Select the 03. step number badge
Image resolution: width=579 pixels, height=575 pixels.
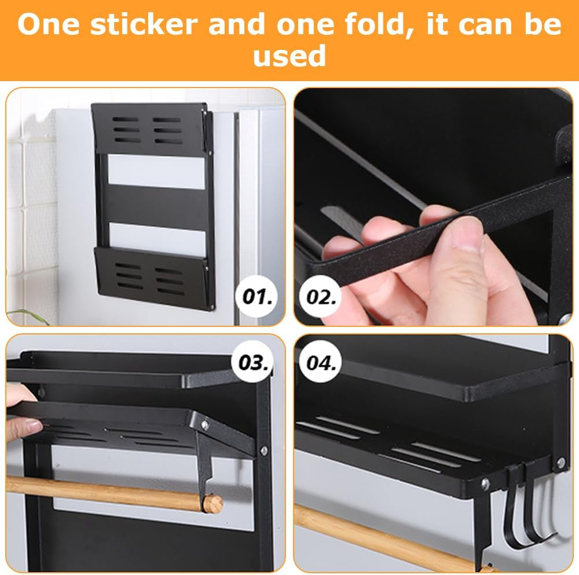point(253,363)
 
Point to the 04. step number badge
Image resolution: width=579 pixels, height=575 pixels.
point(321,363)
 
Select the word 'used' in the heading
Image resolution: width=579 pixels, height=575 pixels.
point(289,56)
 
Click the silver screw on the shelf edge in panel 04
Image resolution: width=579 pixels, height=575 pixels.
point(485,483)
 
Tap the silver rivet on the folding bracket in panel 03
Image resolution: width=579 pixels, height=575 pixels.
point(204,425)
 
